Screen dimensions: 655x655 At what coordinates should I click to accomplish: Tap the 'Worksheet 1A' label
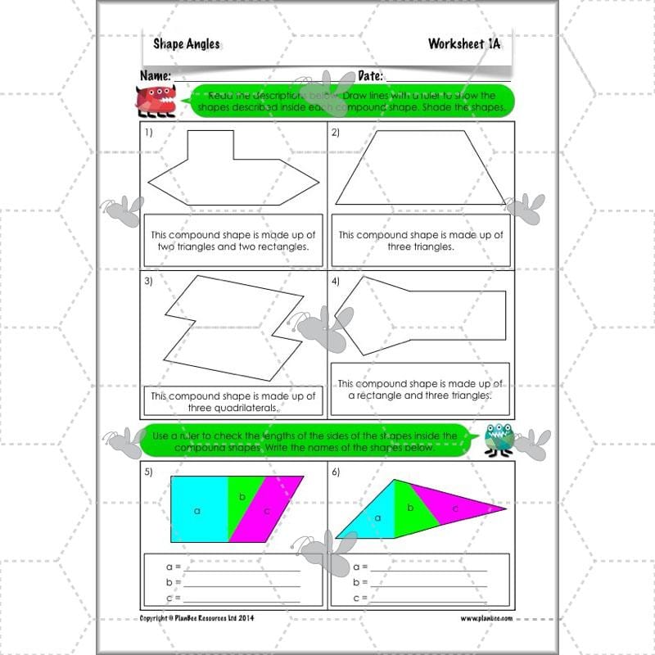coord(463,44)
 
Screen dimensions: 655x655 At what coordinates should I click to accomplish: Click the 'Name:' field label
coord(156,75)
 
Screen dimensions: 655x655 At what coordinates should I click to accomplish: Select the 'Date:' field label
coord(373,75)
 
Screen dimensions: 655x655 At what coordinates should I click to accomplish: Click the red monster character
coord(153,100)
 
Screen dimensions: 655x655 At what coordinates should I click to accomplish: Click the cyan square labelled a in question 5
coord(197,509)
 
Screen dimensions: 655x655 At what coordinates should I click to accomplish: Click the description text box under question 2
coord(420,241)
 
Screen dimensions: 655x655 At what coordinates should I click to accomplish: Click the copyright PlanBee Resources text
coord(197,618)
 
